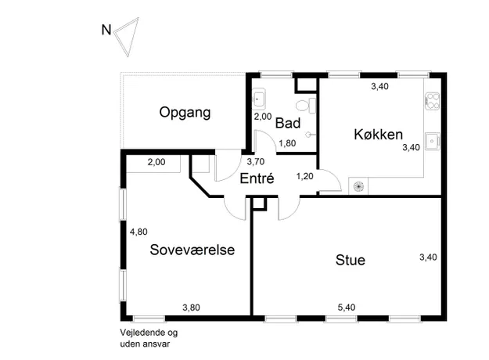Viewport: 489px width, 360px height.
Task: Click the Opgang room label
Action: (x=185, y=113)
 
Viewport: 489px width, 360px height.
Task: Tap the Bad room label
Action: (x=288, y=123)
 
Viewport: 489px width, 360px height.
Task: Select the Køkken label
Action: (x=378, y=135)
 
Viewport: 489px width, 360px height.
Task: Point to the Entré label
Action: (x=257, y=178)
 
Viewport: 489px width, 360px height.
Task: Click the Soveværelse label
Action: (x=192, y=250)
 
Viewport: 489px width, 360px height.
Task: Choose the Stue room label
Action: (x=351, y=260)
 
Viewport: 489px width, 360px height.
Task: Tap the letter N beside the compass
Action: (x=106, y=30)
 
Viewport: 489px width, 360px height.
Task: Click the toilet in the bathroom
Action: (x=306, y=105)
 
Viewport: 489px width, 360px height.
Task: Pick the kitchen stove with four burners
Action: (x=432, y=101)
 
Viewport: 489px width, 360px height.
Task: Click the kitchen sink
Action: (x=433, y=142)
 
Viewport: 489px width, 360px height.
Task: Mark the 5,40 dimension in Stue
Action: (x=347, y=308)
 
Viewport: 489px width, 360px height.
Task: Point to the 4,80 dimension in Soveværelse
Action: (x=138, y=232)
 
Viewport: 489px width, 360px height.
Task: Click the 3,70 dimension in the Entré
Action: (x=256, y=161)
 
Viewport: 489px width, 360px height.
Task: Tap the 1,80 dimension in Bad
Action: (x=287, y=143)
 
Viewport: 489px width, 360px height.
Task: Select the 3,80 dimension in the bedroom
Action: (x=191, y=308)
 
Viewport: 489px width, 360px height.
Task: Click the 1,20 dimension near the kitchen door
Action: (x=304, y=176)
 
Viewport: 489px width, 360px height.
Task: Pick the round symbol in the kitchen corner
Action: (x=358, y=186)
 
